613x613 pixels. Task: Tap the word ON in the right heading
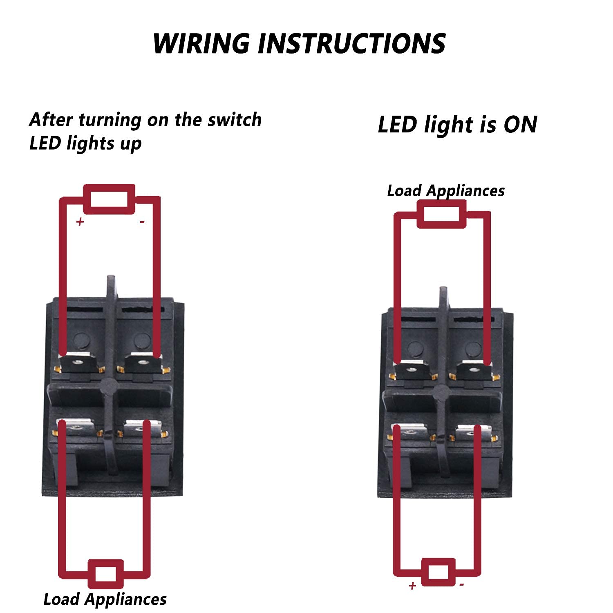[x=520, y=125]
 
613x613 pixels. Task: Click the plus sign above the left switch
[x=80, y=221]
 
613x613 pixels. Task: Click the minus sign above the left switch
[x=142, y=222]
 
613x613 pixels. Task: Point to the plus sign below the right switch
[x=412, y=586]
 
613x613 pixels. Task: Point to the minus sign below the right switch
[x=461, y=585]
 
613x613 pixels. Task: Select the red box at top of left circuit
[x=109, y=199]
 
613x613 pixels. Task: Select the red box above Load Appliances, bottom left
[x=106, y=574]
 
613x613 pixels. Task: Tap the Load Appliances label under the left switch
[x=105, y=599]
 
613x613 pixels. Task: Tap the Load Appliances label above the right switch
[x=446, y=191]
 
